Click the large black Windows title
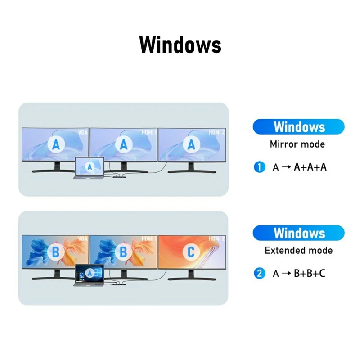(180, 45)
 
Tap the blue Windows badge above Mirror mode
(298, 126)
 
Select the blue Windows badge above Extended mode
(298, 233)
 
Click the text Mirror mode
(297, 144)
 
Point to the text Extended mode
(298, 250)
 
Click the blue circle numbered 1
(260, 167)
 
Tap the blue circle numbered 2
(260, 273)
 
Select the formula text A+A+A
(310, 167)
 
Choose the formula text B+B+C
(310, 274)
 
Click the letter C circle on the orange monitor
(191, 252)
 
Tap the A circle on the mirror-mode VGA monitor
(56, 144)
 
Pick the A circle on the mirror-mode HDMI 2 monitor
(191, 144)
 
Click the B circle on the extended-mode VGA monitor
(56, 252)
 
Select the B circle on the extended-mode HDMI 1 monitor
(123, 252)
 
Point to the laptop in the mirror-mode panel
(89, 168)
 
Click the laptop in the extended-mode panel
(89, 275)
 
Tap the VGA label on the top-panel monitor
(83, 132)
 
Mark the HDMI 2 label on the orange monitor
(217, 239)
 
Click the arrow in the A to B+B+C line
(286, 273)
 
